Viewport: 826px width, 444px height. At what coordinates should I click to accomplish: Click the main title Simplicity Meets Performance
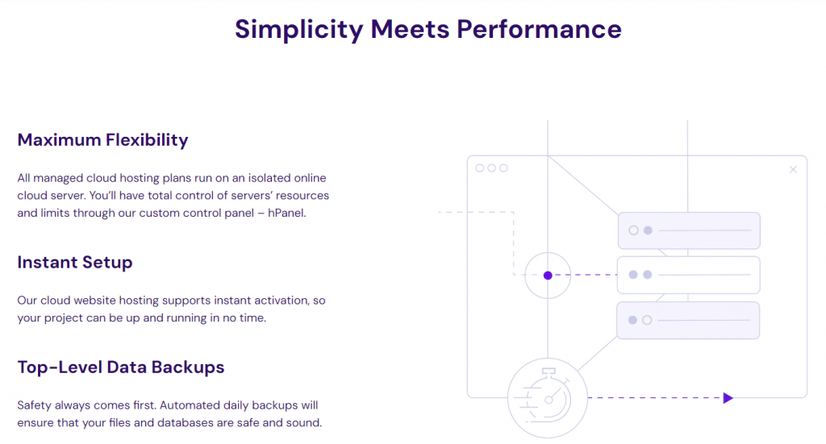(428, 28)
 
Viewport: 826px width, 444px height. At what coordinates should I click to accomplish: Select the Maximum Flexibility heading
(102, 140)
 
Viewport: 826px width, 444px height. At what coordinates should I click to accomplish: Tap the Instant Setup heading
(74, 263)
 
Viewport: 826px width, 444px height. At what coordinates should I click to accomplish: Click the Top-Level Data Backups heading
(120, 367)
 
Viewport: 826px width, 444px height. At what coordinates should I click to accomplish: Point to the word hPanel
(285, 214)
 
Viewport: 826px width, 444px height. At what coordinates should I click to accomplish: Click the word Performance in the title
(539, 28)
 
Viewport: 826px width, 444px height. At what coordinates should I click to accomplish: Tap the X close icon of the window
(793, 169)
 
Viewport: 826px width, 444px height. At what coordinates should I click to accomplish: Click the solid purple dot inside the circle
(548, 276)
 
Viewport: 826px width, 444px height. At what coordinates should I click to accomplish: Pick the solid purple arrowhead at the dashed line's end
(728, 397)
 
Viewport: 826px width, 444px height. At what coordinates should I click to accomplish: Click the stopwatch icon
(548, 396)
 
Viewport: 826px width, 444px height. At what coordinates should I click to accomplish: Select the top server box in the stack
(688, 230)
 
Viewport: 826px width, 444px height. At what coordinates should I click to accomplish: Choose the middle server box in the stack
(688, 275)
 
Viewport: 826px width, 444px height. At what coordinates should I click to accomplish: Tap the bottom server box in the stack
(688, 320)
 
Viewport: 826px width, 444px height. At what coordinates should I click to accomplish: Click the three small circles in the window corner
(491, 168)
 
